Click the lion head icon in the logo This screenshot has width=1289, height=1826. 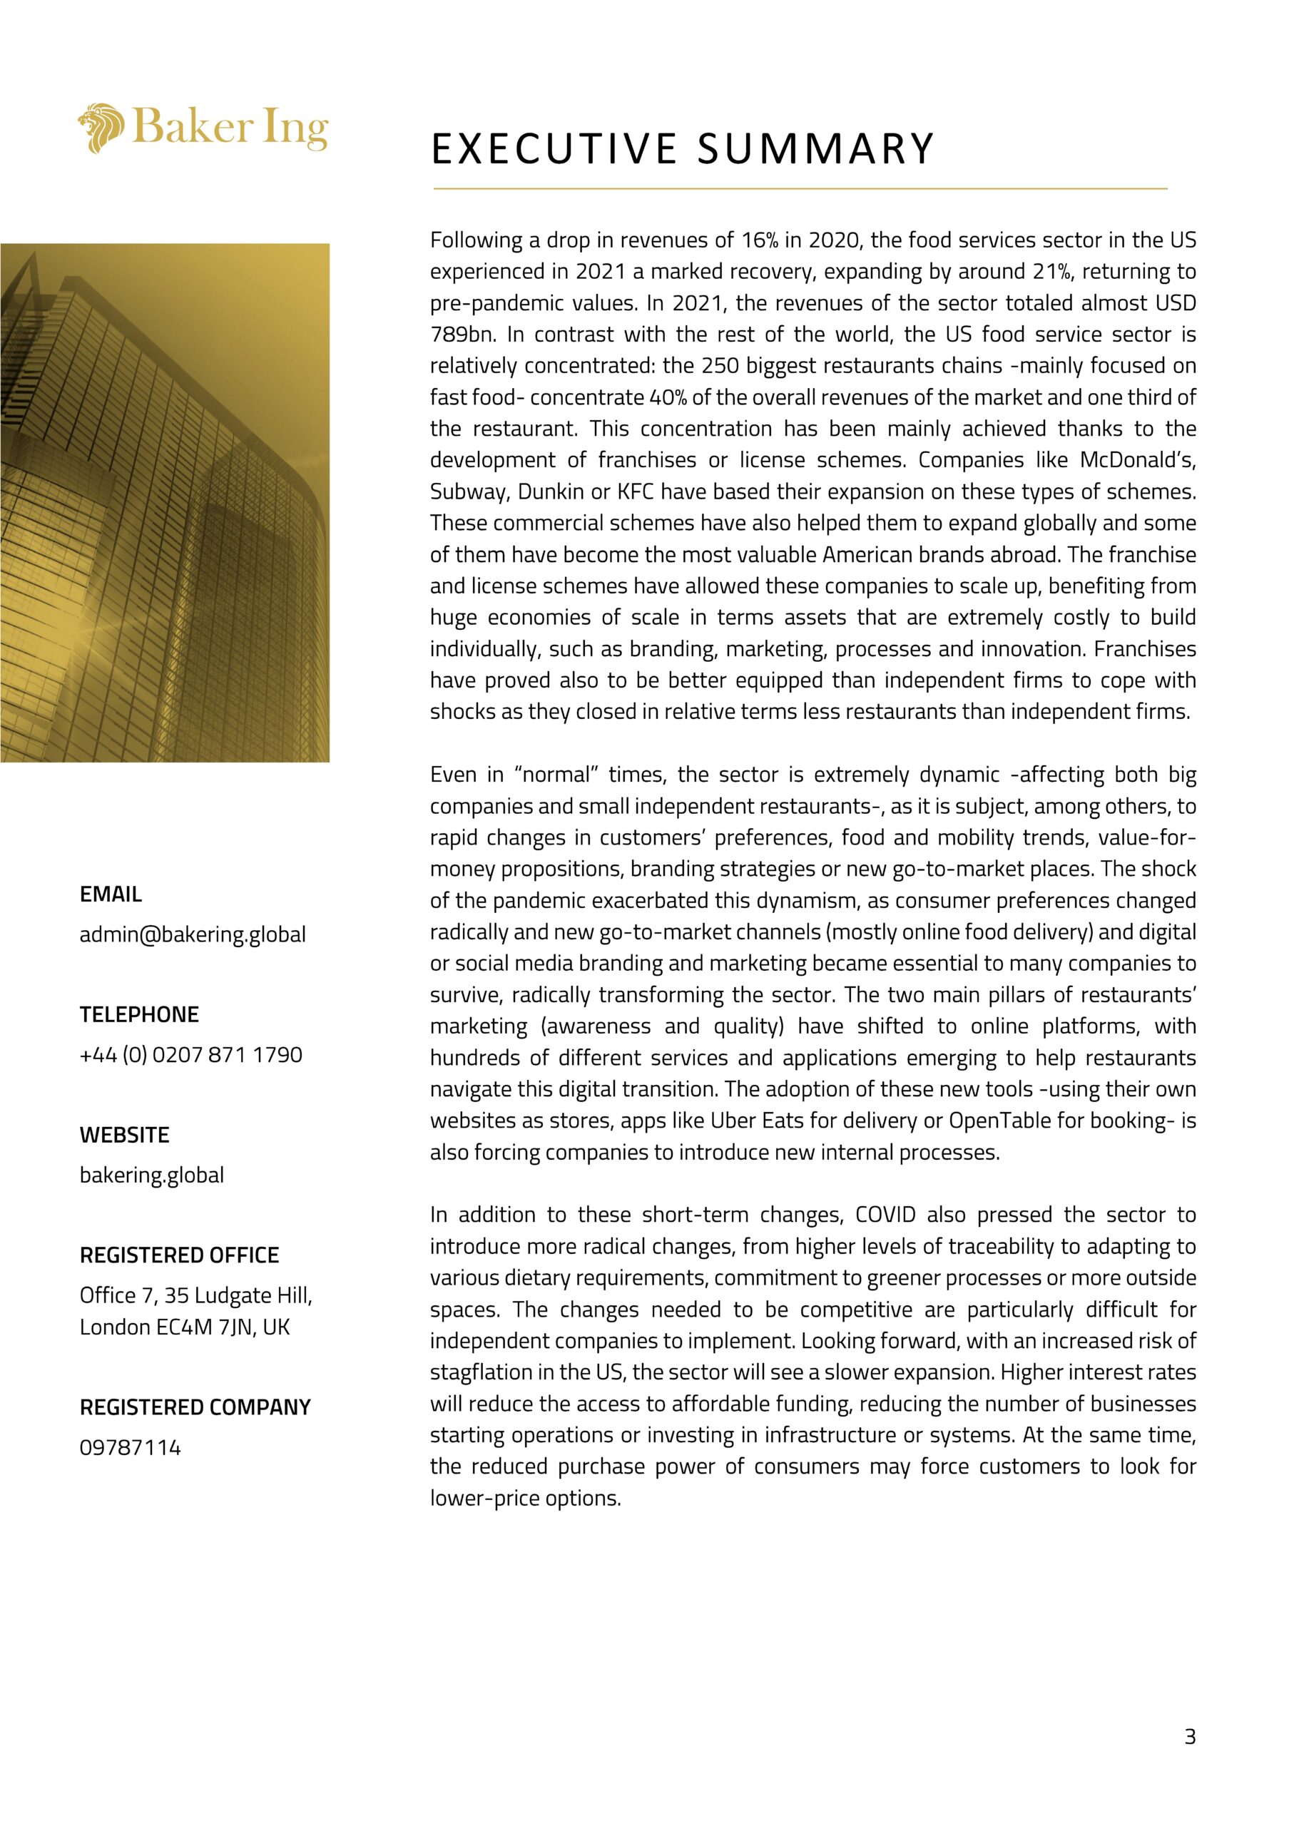[101, 127]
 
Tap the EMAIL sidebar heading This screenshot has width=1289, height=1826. [111, 894]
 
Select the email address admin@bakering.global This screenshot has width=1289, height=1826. [193, 934]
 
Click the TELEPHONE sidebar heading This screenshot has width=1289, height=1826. [139, 1014]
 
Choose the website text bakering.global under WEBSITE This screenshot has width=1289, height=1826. [152, 1175]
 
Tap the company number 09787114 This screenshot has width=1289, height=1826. [131, 1447]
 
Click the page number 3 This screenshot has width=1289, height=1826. [1190, 1737]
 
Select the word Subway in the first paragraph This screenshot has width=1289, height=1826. [469, 491]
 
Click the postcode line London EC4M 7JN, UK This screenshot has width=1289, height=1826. [185, 1327]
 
